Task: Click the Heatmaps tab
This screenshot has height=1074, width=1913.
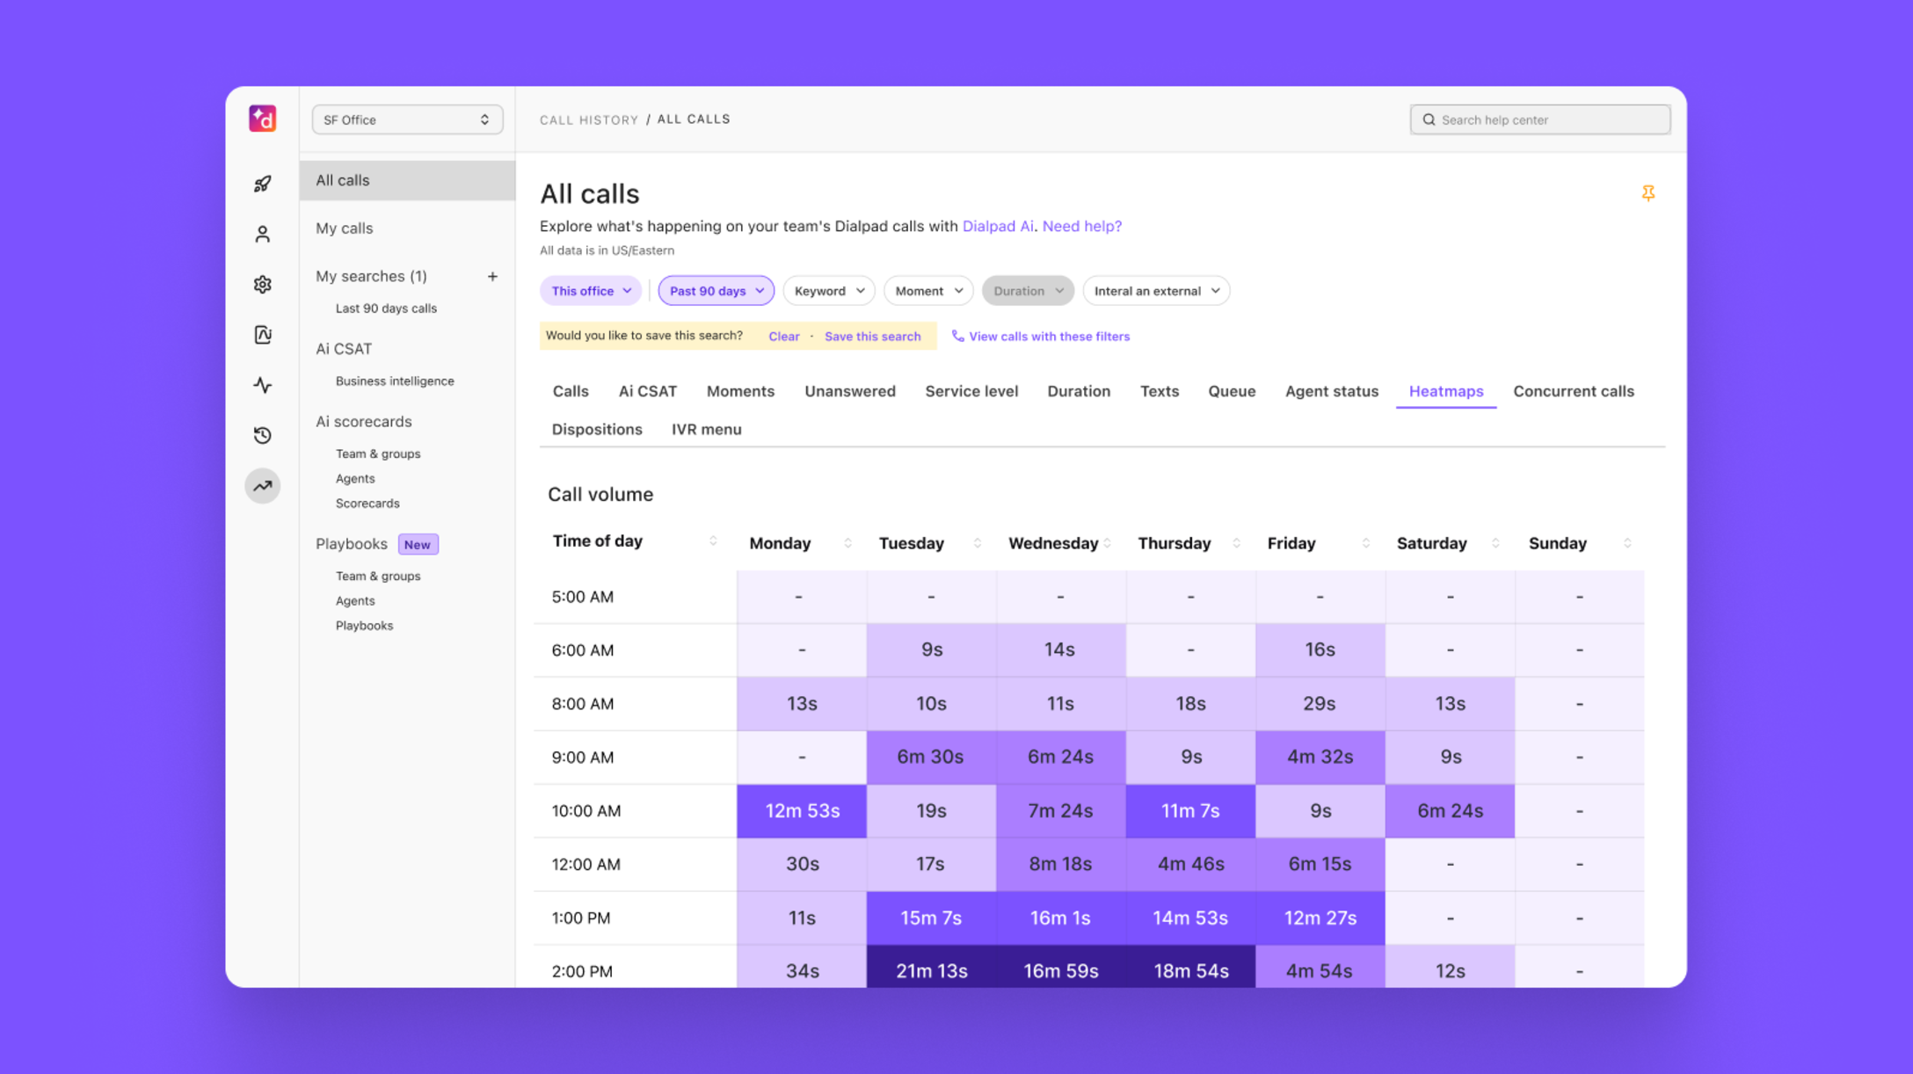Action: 1445,391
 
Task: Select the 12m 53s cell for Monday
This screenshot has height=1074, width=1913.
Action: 802,810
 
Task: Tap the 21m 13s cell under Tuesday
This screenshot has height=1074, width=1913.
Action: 931,970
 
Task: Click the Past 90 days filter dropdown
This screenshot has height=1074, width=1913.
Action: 716,291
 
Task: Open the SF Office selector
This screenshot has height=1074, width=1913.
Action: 407,120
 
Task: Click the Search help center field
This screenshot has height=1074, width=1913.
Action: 1540,120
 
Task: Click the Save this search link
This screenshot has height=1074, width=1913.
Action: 872,337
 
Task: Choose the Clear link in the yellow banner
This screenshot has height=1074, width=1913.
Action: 783,337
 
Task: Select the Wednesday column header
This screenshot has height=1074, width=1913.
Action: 1052,543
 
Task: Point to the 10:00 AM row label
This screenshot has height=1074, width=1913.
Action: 586,810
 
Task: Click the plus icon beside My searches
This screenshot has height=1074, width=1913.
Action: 492,276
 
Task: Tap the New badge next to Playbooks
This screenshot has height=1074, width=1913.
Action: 418,544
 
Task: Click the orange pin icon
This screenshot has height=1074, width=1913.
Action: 1648,192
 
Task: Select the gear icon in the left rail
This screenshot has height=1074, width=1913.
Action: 263,284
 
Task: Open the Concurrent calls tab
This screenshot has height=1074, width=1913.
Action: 1573,391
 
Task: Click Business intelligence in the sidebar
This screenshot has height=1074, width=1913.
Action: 395,381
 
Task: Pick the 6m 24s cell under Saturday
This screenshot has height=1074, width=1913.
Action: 1450,810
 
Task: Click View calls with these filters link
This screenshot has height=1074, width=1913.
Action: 1048,337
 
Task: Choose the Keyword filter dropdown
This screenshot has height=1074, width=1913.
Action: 828,291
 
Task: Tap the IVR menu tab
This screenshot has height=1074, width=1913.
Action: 706,429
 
